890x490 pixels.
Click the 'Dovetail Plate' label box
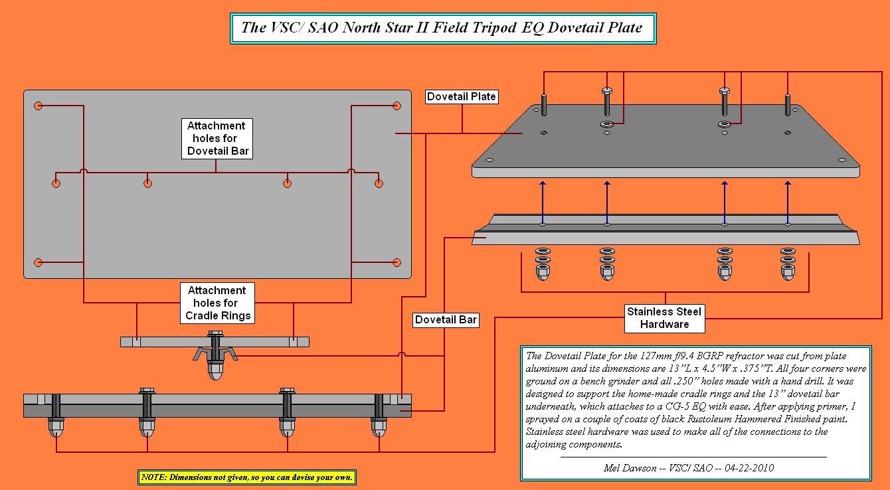pyautogui.click(x=462, y=97)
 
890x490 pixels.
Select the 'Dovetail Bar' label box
pyautogui.click(x=446, y=320)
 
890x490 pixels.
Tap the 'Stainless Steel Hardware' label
pyautogui.click(x=664, y=318)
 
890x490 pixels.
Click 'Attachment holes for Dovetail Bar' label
pyautogui.click(x=217, y=138)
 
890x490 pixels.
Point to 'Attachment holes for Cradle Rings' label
pyautogui.click(x=217, y=303)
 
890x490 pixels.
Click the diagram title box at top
pyautogui.click(x=442, y=28)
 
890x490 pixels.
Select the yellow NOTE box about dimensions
pyautogui.click(x=247, y=477)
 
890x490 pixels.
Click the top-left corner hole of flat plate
pyautogui.click(x=39, y=106)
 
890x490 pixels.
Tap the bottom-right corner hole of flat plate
pyautogui.click(x=397, y=263)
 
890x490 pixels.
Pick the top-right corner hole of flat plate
pyautogui.click(x=397, y=106)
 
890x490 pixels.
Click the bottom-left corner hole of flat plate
pyautogui.click(x=39, y=263)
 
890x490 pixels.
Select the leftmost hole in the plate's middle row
pyautogui.click(x=56, y=183)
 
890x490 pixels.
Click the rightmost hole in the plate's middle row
pyautogui.click(x=379, y=183)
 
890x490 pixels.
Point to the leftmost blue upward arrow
pyautogui.click(x=543, y=203)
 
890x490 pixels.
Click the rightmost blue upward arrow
pyautogui.click(x=788, y=203)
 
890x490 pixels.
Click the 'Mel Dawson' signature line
pyautogui.click(x=688, y=467)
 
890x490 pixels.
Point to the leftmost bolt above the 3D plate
pyautogui.click(x=544, y=104)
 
